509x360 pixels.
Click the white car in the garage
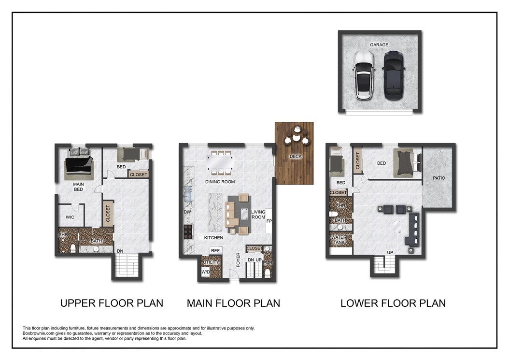pyautogui.click(x=363, y=75)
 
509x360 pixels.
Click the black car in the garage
pyautogui.click(x=394, y=75)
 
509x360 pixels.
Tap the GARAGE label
pyautogui.click(x=379, y=44)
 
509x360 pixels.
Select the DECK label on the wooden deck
pyautogui.click(x=296, y=156)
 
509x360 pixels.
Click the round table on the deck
pyautogui.click(x=296, y=138)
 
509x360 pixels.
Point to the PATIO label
pyautogui.click(x=439, y=178)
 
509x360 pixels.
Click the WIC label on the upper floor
pyautogui.click(x=70, y=217)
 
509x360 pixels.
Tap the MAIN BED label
pyautogui.click(x=78, y=187)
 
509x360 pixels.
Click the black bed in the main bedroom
pyautogui.click(x=79, y=164)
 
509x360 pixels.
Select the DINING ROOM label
pyautogui.click(x=220, y=182)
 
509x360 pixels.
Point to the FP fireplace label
pyautogui.click(x=269, y=221)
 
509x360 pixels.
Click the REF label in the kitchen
pyautogui.click(x=215, y=250)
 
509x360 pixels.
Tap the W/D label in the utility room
pyautogui.click(x=205, y=272)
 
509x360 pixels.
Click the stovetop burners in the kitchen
pyautogui.click(x=188, y=231)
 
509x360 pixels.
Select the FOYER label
pyautogui.click(x=238, y=260)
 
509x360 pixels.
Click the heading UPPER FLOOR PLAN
pyautogui.click(x=112, y=303)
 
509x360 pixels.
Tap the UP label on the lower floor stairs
pyautogui.click(x=390, y=252)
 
